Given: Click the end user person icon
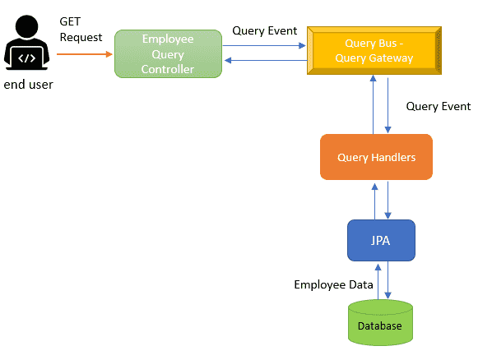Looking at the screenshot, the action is tap(26, 43).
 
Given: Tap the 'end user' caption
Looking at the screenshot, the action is tap(28, 85).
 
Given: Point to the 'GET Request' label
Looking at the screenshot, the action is tap(81, 30).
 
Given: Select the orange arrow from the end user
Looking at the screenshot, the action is tap(85, 54).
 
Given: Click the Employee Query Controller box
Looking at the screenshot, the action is tap(168, 53).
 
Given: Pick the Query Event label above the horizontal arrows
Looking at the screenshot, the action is tap(265, 30).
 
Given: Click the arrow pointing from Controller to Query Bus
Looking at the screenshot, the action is tap(264, 46).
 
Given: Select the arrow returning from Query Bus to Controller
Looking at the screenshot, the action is tap(266, 60).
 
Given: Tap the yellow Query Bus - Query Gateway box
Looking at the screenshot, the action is tap(374, 50).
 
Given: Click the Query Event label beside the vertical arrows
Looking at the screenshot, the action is tap(439, 106).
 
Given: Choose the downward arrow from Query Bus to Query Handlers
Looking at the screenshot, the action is tap(388, 105).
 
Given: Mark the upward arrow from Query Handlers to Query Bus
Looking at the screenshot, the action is tap(373, 104).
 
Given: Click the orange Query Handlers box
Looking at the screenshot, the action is tap(376, 157).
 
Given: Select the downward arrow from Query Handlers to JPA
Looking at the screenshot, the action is tap(388, 200).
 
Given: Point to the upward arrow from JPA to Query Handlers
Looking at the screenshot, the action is tap(374, 201).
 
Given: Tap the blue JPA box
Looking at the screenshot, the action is tap(381, 241).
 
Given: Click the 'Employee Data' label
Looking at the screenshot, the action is tap(333, 284).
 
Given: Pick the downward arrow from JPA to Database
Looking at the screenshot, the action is tap(388, 280).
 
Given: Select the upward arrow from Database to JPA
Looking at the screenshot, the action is tap(378, 282).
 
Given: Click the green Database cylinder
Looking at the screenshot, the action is tap(380, 323).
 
